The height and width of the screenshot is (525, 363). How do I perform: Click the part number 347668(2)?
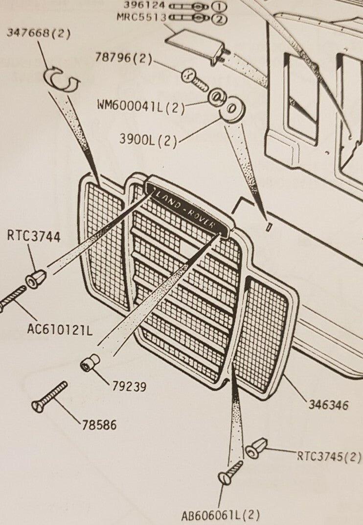tap(39, 34)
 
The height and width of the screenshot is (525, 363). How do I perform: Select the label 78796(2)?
tap(124, 59)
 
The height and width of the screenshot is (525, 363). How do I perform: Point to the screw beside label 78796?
tap(195, 80)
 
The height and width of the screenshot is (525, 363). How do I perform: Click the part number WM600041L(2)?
tap(141, 106)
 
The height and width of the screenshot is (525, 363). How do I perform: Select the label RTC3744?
tap(34, 237)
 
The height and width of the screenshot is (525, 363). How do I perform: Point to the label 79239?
tap(128, 387)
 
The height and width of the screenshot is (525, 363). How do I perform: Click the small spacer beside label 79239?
tap(90, 363)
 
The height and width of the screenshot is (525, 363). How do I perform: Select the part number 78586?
tap(99, 425)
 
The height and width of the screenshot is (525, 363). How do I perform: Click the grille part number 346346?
tap(328, 404)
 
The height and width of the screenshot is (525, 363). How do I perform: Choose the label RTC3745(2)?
tap(329, 456)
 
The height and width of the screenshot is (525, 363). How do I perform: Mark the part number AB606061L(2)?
tap(220, 516)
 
